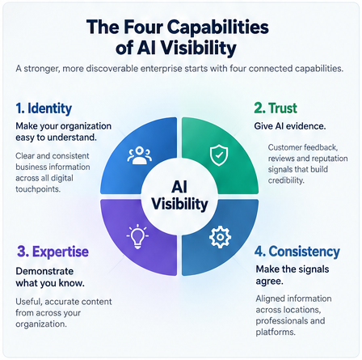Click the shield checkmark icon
coord(219,155)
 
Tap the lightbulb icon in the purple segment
coord(137,236)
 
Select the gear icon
coord(220,237)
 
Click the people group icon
coord(139,155)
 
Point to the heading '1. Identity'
coord(44,108)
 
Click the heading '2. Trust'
coord(276,108)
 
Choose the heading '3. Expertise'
coord(53,252)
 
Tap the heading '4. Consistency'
coord(297,252)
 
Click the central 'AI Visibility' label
coord(179,195)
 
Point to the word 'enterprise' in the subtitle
coord(162,69)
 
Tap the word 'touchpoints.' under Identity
coord(38,189)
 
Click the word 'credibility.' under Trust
coord(286,180)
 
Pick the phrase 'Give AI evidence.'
coord(290,126)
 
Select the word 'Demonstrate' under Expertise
coord(44,271)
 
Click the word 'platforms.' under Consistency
coord(276,332)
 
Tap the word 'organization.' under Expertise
coord(41,324)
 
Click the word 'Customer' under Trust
coord(284,147)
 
